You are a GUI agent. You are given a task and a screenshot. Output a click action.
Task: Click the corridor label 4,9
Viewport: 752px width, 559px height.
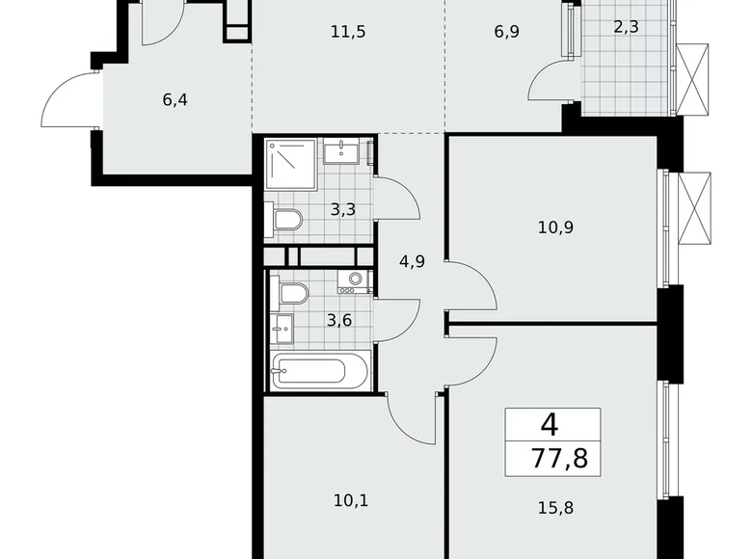click(412, 259)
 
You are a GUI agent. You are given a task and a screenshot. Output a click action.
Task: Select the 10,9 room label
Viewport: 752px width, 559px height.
click(554, 228)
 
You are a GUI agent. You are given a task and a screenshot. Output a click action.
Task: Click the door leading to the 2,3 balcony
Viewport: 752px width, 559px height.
click(551, 82)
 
